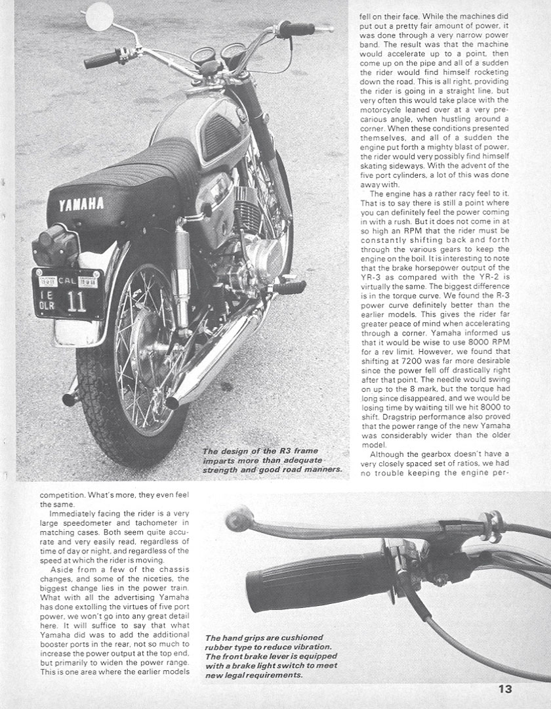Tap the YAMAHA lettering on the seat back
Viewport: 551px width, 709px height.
click(x=81, y=204)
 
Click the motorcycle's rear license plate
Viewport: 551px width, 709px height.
click(x=68, y=293)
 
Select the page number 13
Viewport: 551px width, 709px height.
click(x=504, y=689)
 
